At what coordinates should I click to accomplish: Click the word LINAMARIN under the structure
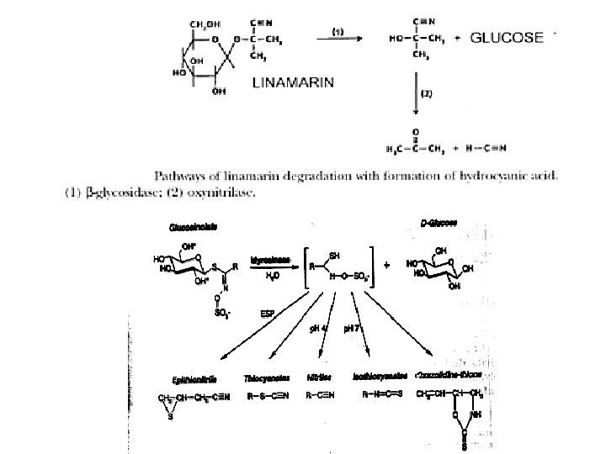coord(294,82)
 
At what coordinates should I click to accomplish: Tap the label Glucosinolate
coord(191,227)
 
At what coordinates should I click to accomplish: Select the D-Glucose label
coord(439,224)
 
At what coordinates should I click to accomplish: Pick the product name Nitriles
coord(319,379)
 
